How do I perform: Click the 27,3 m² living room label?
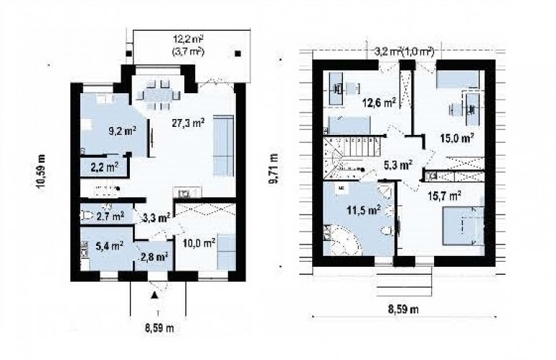[188, 123]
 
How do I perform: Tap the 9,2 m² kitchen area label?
[123, 132]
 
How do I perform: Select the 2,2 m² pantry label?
[104, 167]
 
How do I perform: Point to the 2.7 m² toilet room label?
[110, 216]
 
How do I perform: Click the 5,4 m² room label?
[109, 245]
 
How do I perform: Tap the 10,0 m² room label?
[199, 243]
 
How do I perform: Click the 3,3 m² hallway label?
[156, 217]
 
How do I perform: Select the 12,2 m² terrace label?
[188, 38]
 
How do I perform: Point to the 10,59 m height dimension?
[42, 173]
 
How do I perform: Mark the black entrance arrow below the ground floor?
[154, 295]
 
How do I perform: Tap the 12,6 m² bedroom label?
[379, 103]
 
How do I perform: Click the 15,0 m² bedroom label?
[458, 138]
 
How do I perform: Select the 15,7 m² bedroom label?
[444, 196]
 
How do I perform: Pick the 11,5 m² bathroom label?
[364, 210]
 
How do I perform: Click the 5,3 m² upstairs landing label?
[398, 165]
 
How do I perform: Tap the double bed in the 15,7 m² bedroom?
[463, 226]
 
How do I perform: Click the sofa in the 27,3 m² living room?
[224, 146]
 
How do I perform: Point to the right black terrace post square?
[238, 54]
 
